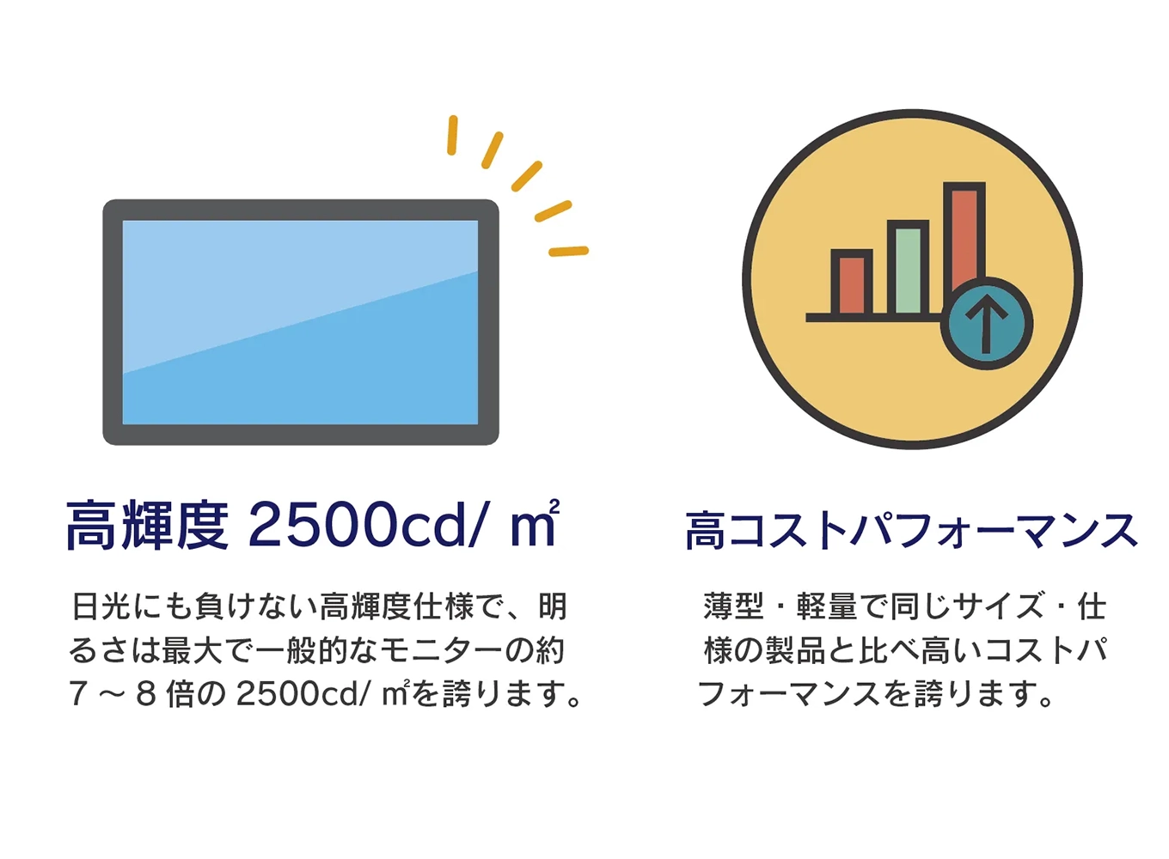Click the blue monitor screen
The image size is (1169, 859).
point(300,322)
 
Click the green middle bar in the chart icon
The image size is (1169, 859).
point(908,271)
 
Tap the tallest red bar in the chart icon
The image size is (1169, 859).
point(963,232)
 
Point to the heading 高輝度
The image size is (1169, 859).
point(147,526)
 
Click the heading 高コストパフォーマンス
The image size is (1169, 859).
point(911,530)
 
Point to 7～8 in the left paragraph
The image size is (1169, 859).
point(113,694)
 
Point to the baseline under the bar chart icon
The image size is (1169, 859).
point(872,318)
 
